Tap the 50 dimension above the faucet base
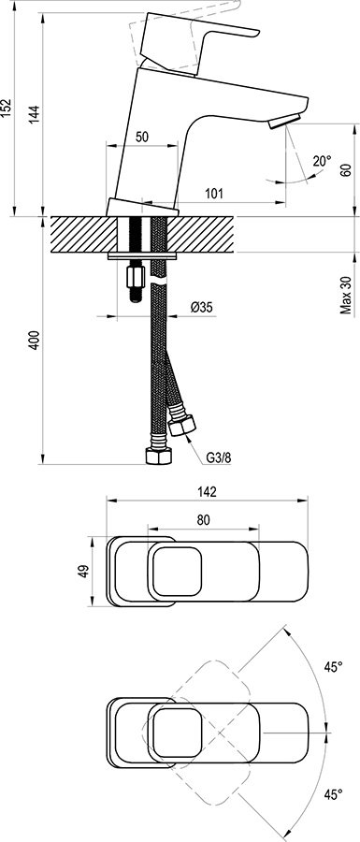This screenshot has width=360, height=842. point(142,137)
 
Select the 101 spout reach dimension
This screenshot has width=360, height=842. point(213,194)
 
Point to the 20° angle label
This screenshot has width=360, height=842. point(322,161)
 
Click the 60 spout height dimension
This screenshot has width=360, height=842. point(345,169)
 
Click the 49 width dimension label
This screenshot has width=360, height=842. point(82,571)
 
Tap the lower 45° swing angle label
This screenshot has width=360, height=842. point(333,795)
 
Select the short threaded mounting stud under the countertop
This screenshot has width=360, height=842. point(134,279)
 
